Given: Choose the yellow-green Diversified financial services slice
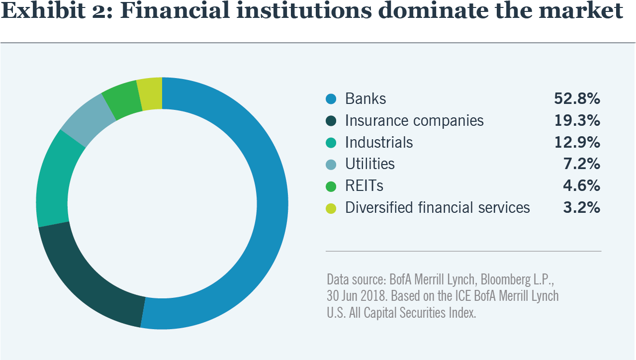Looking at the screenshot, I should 150,93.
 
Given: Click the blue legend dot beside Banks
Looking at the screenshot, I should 331,99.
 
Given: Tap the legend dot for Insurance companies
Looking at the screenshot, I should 331,121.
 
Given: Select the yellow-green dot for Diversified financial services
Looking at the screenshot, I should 331,208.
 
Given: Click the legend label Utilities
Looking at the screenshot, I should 369,164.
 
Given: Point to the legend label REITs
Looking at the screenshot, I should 364,186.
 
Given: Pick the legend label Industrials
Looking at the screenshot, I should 379,143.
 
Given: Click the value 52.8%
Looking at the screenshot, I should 577,99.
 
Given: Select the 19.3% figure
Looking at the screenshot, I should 577,121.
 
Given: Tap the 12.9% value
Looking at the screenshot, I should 577,143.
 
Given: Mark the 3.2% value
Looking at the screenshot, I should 581,208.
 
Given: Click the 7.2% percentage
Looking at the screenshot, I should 581,164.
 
